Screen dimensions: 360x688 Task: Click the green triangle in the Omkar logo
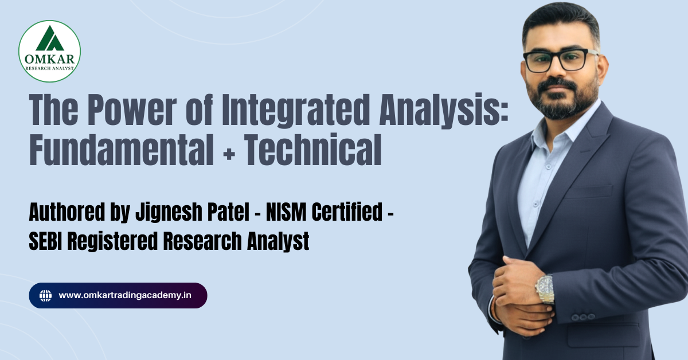pos(50,40)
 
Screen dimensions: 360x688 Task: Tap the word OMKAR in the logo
pos(50,58)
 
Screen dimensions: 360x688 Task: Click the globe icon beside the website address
pos(46,296)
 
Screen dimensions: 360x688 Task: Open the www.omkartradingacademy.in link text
pos(125,296)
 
